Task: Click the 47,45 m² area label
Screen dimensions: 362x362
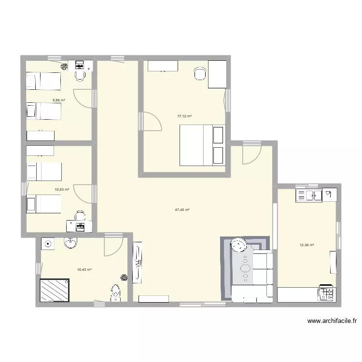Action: [182, 210]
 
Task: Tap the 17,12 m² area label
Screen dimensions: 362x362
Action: [184, 116]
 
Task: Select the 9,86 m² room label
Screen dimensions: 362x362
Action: [59, 100]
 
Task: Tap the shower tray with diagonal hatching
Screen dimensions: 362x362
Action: [53, 290]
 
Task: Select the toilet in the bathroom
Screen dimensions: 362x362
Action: [115, 292]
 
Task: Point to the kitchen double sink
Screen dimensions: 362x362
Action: [309, 195]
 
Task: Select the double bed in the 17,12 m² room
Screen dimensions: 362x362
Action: [202, 145]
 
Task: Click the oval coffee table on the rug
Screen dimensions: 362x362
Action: [246, 268]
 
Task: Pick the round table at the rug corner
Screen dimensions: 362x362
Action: [238, 246]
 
